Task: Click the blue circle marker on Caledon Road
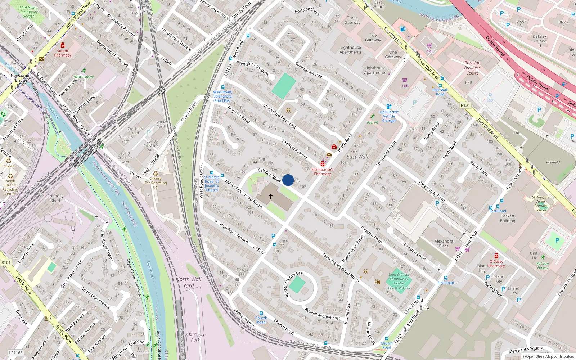pyautogui.click(x=288, y=180)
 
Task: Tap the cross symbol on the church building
pyautogui.click(x=271, y=197)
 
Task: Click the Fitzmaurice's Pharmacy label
pyautogui.click(x=322, y=171)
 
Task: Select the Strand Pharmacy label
pyautogui.click(x=63, y=53)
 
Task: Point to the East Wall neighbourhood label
pyautogui.click(x=357, y=157)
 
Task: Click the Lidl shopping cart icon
pyautogui.click(x=405, y=80)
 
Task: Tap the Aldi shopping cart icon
pyautogui.click(x=429, y=46)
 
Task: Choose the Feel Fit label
pyautogui.click(x=372, y=122)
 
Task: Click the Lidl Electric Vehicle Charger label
pyautogui.click(x=389, y=116)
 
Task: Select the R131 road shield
pyautogui.click(x=465, y=105)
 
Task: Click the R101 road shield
pyautogui.click(x=6, y=262)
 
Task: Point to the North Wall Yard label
pyautogui.click(x=189, y=282)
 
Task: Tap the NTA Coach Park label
pyautogui.click(x=195, y=337)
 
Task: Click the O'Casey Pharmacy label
pyautogui.click(x=496, y=264)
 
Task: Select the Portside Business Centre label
pyautogui.click(x=472, y=68)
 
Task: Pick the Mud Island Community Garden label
pyautogui.click(x=28, y=12)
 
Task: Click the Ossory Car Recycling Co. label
pyautogui.click(x=156, y=183)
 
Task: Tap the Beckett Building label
pyautogui.click(x=507, y=219)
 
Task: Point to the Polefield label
pyautogui.click(x=553, y=162)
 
